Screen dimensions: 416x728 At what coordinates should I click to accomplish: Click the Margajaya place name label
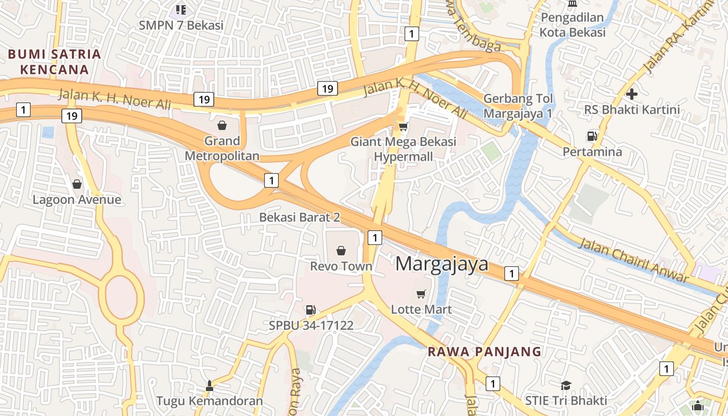pyautogui.click(x=442, y=264)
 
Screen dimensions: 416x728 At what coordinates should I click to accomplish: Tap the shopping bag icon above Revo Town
pyautogui.click(x=341, y=251)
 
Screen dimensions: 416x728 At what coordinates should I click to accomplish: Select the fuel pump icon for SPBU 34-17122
pyautogui.click(x=310, y=310)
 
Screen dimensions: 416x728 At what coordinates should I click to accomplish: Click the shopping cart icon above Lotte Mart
pyautogui.click(x=421, y=294)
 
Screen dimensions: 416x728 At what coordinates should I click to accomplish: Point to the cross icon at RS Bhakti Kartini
pyautogui.click(x=632, y=94)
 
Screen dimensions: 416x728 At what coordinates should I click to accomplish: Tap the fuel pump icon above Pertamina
pyautogui.click(x=592, y=136)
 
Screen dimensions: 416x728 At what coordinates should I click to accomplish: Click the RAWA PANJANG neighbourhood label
pyautogui.click(x=484, y=352)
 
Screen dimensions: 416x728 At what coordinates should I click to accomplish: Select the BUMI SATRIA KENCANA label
pyautogui.click(x=54, y=61)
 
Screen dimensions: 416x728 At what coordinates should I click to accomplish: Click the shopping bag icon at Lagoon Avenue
pyautogui.click(x=77, y=184)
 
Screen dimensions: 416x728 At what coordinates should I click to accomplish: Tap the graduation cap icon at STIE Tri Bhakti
pyautogui.click(x=566, y=385)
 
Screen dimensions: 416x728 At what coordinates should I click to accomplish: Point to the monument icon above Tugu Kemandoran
pyautogui.click(x=210, y=385)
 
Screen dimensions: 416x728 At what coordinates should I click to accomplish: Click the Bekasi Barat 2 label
pyautogui.click(x=300, y=217)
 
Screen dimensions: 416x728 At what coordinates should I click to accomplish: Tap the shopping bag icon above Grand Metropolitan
pyautogui.click(x=222, y=125)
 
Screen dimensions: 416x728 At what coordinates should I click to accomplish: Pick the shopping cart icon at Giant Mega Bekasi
pyautogui.click(x=403, y=126)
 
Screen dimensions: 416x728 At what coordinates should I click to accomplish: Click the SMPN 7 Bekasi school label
pyautogui.click(x=181, y=24)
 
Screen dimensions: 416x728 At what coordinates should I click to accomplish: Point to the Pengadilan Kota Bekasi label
pyautogui.click(x=573, y=24)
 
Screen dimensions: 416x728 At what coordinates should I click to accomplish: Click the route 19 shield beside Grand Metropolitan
pyautogui.click(x=204, y=99)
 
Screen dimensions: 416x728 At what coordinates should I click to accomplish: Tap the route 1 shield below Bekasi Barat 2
pyautogui.click(x=374, y=237)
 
